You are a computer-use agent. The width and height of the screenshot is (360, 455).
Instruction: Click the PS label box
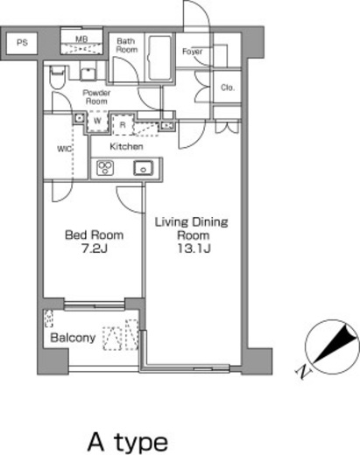tap(22, 43)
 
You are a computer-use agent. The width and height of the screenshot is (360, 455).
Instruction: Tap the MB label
tap(81, 38)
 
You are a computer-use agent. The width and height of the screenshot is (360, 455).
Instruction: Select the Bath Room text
tap(127, 45)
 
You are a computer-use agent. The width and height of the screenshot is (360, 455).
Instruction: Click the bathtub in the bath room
tap(159, 58)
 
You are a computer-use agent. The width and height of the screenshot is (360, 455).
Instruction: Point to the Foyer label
tap(192, 52)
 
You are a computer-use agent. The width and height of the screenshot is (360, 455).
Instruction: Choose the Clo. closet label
tap(228, 87)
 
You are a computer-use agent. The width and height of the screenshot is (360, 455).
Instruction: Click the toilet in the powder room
tap(57, 78)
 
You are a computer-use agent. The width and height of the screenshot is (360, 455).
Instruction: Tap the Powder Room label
tap(96, 97)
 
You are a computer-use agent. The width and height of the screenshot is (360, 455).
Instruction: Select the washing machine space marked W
tap(97, 122)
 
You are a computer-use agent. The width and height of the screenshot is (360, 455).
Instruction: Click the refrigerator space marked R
tap(123, 125)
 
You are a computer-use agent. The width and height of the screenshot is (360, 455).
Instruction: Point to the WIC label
tap(64, 149)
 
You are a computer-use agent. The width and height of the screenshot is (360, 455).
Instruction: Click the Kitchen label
tap(126, 146)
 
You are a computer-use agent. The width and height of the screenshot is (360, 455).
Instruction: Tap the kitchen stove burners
tap(105, 168)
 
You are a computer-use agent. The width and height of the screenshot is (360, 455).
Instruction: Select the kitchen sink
tap(143, 168)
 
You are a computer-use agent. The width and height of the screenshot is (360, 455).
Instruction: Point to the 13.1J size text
tap(194, 248)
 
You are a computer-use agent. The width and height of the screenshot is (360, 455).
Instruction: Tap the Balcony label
tap(73, 338)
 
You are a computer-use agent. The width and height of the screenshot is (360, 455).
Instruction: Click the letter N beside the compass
tap(303, 372)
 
